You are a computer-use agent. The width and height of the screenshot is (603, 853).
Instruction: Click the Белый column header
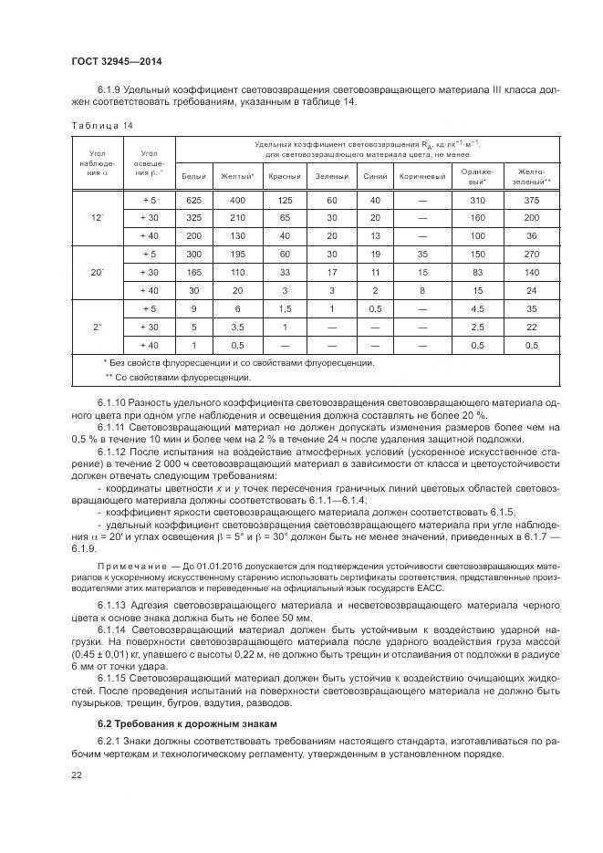[194, 176]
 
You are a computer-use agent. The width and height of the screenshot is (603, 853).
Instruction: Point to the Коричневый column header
[421, 176]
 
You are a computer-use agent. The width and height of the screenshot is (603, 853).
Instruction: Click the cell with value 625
[193, 200]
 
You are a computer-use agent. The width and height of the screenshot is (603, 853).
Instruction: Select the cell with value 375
[533, 200]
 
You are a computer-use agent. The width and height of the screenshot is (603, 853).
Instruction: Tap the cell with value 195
[237, 253]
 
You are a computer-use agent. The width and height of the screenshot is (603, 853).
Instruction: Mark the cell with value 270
[533, 253]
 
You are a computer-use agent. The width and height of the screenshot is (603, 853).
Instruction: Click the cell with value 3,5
[237, 327]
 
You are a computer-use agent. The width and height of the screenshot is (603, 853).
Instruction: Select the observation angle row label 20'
[97, 271]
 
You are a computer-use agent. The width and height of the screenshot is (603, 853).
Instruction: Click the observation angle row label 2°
[97, 327]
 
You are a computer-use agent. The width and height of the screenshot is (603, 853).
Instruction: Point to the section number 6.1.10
[112, 401]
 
